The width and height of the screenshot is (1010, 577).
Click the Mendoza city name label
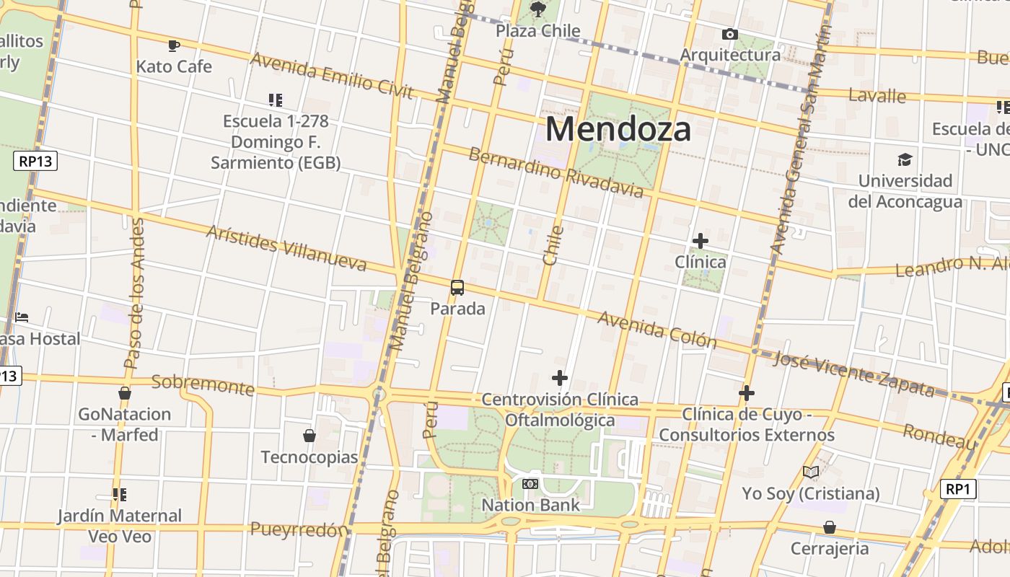(x=618, y=129)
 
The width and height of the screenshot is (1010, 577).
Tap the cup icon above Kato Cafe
(x=174, y=46)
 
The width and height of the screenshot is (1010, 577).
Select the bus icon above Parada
(x=457, y=288)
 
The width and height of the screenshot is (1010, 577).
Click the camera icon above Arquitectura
(x=730, y=34)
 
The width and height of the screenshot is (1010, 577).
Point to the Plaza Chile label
(x=538, y=30)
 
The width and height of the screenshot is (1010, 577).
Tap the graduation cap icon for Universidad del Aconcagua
(x=905, y=159)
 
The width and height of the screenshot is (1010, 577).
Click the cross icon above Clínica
(x=700, y=241)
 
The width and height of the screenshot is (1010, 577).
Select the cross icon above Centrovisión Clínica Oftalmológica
(x=560, y=378)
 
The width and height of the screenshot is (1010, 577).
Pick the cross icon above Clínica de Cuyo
(x=747, y=393)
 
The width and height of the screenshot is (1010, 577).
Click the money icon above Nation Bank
(x=530, y=483)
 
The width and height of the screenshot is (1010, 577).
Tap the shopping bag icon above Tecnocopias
(x=309, y=436)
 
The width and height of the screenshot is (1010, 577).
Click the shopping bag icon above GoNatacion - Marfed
(x=125, y=393)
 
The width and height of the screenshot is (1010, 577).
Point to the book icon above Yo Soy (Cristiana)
(x=811, y=472)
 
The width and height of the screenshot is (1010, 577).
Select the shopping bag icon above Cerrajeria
(x=830, y=527)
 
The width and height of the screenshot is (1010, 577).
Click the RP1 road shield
(x=959, y=490)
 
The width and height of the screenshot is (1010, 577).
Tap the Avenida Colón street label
(x=656, y=330)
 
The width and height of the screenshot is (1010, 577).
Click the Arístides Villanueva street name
(x=286, y=247)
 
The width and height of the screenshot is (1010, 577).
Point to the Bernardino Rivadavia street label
(x=555, y=172)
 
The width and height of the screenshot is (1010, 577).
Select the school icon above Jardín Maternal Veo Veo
(x=120, y=495)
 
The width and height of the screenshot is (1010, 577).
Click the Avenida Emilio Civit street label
(x=331, y=75)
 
